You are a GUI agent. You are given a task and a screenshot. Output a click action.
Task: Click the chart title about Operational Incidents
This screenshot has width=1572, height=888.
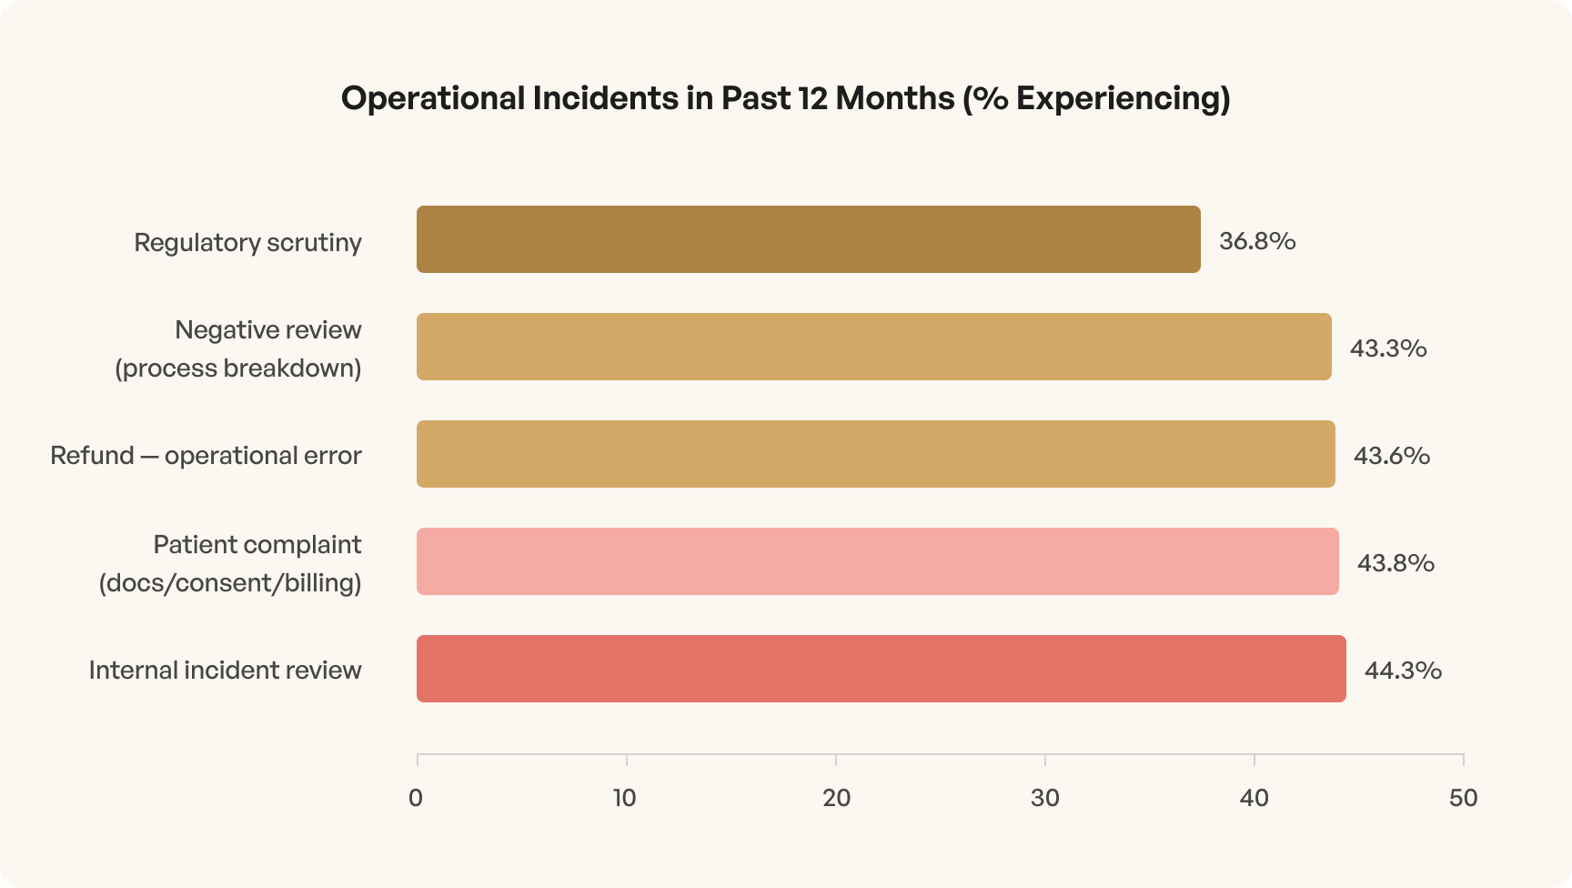coord(785,98)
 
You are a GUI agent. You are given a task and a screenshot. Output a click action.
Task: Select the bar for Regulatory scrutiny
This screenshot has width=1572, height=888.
coord(808,239)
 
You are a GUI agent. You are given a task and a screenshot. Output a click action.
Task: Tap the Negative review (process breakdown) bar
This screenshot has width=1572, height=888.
coord(873,347)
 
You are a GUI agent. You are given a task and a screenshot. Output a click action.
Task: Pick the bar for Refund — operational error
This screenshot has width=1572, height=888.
coord(875,454)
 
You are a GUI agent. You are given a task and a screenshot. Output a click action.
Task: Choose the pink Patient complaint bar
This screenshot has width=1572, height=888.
coord(877,561)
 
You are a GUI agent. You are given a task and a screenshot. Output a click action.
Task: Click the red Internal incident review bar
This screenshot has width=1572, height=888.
coord(881,669)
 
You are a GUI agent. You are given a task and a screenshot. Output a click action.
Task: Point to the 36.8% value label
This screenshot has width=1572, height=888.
coord(1257,241)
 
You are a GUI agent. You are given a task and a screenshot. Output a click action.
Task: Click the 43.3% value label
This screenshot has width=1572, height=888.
coord(1387,348)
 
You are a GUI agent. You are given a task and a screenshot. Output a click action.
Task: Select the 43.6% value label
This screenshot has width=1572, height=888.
coord(1391,456)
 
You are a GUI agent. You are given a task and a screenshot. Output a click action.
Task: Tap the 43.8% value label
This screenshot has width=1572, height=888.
coord(1395,563)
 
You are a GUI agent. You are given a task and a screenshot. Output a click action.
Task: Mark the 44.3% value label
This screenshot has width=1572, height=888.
coord(1402,671)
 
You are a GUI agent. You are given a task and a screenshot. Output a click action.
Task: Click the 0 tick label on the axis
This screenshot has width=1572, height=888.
coord(416,798)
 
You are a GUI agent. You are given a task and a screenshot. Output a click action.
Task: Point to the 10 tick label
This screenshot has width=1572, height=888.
coord(625,798)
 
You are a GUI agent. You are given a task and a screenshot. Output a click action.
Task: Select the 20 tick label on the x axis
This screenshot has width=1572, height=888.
coord(836,798)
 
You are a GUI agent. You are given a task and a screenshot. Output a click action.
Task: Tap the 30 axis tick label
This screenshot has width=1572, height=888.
coord(1045,798)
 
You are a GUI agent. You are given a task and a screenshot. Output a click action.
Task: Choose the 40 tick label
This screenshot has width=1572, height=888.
coord(1254,798)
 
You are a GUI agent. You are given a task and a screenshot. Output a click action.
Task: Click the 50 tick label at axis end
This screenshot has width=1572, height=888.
coord(1463,798)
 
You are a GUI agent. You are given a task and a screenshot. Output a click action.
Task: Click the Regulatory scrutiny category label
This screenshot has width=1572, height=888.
coord(247,243)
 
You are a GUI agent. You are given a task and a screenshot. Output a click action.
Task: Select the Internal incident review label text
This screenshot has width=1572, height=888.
coord(225,671)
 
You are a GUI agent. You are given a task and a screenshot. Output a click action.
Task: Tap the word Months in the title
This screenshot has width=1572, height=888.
coord(895,98)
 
